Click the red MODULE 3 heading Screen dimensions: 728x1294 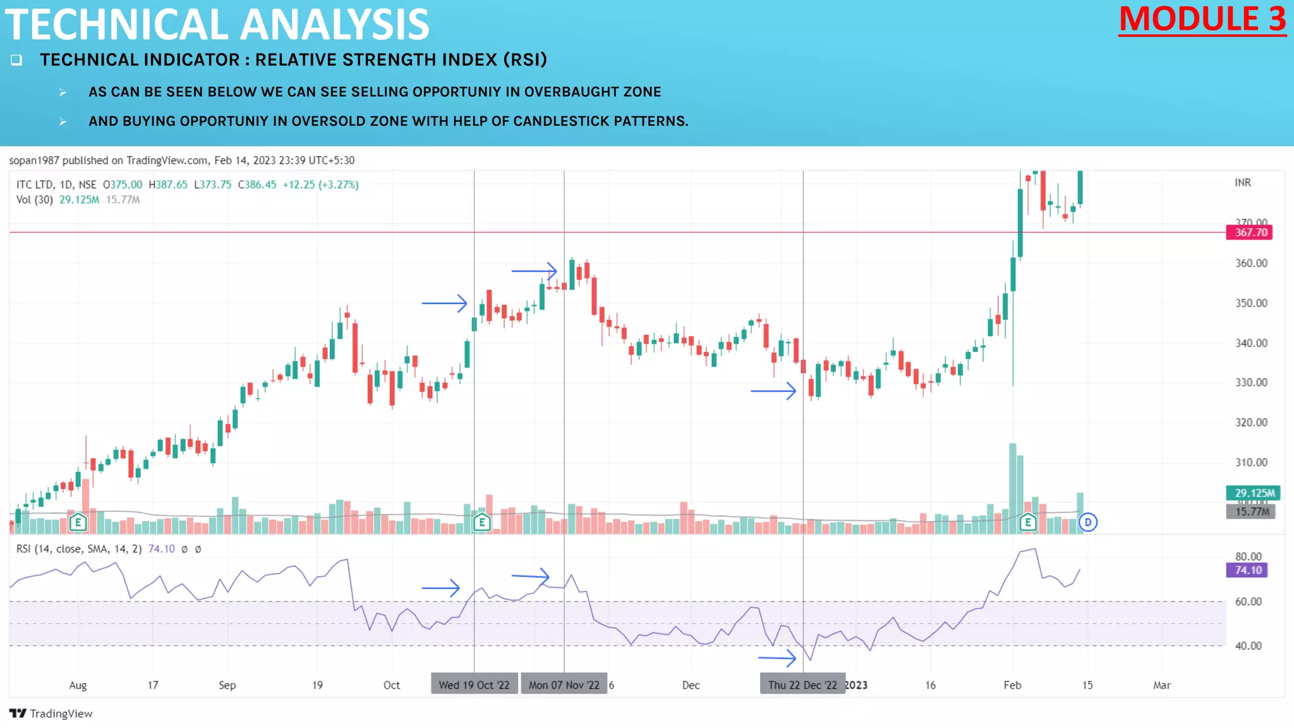(1202, 19)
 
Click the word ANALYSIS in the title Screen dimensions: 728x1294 (334, 25)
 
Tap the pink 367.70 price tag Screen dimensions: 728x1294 (1250, 233)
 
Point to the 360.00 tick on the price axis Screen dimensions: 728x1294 (1251, 263)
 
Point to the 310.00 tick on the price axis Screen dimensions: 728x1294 (1251, 462)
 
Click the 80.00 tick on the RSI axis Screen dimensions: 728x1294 (1248, 556)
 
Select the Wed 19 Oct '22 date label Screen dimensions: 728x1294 (474, 685)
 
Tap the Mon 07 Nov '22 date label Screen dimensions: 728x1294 (564, 685)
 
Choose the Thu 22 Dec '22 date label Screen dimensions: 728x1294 (802, 685)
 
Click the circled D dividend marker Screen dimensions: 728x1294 (1087, 522)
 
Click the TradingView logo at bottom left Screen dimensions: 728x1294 (51, 713)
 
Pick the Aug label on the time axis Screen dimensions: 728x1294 (78, 685)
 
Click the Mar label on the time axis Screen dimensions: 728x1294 (1161, 685)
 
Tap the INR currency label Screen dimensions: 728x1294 (1242, 183)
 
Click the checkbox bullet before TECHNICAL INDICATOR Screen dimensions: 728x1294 (16, 60)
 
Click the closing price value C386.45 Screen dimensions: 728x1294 (257, 185)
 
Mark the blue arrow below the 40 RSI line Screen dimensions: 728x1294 (777, 658)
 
